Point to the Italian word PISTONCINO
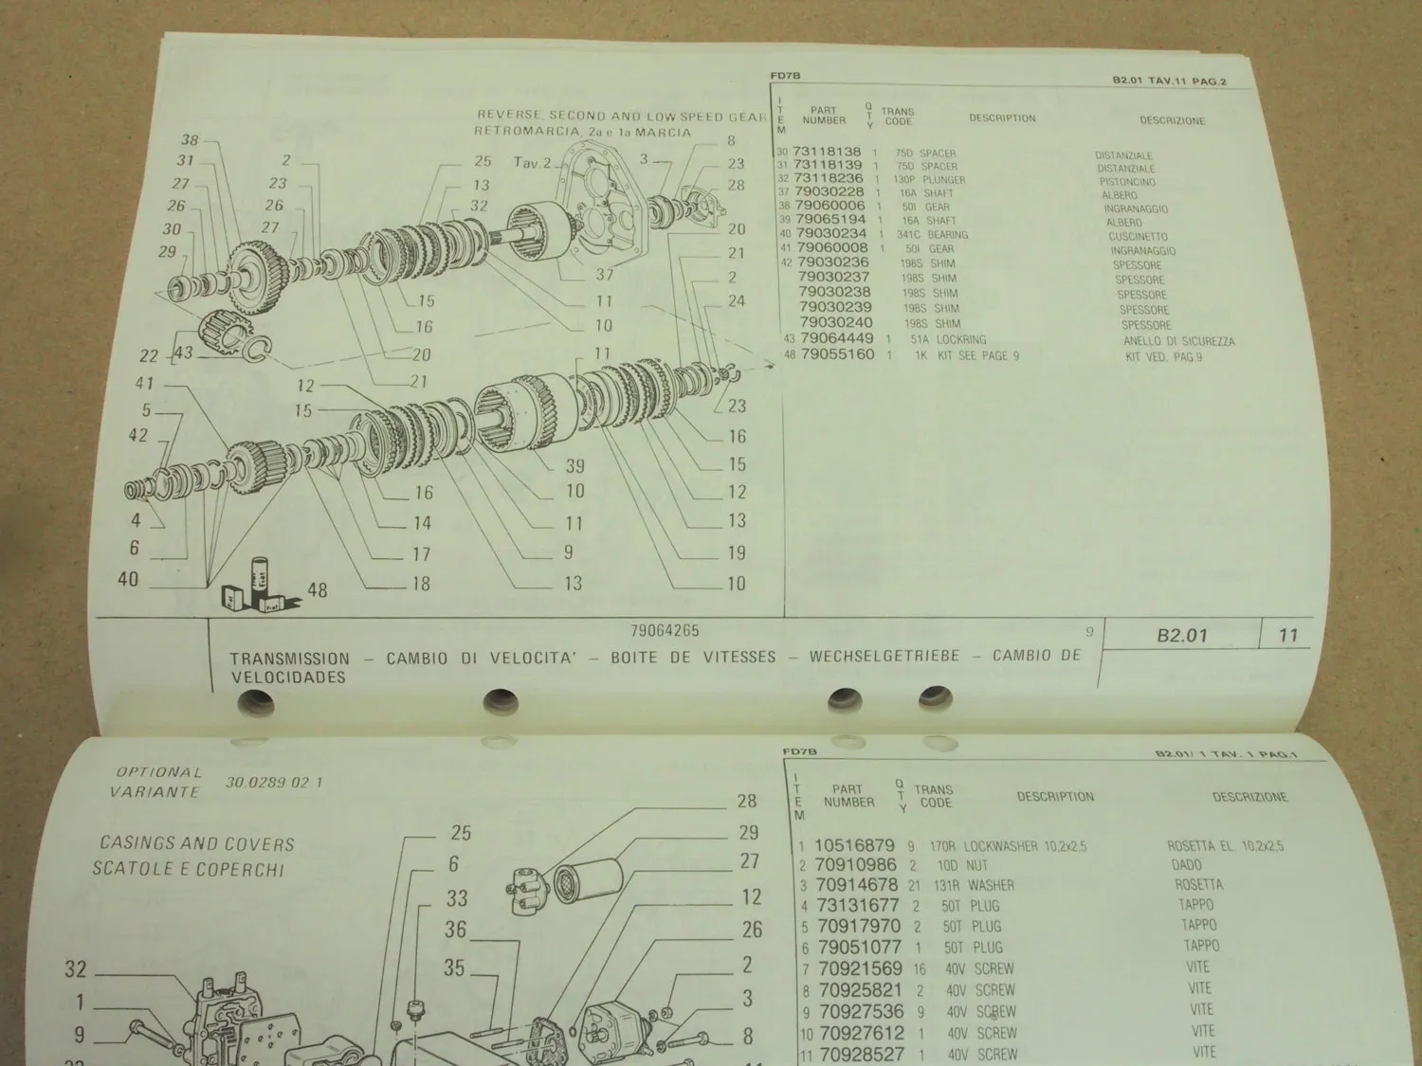point(1127,181)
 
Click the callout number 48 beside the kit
point(317,590)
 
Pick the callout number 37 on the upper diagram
point(605,275)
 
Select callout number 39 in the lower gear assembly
point(574,465)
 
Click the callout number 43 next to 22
point(182,352)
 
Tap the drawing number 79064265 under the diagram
point(665,631)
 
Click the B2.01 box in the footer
point(1182,636)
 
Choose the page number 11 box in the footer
point(1287,636)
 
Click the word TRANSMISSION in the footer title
point(289,659)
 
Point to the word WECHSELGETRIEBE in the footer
point(884,657)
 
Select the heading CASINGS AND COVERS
point(197,843)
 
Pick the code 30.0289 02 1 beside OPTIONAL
point(274,783)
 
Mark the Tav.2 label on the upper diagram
point(532,162)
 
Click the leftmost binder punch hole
point(255,703)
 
